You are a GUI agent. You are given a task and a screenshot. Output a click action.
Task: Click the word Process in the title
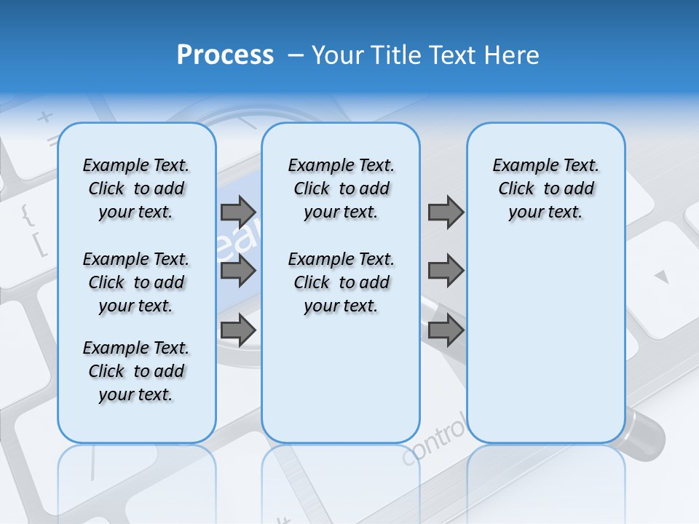(x=225, y=55)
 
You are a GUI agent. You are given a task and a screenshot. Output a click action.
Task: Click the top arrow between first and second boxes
(x=238, y=212)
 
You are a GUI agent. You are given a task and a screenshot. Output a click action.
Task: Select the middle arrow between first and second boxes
(x=238, y=271)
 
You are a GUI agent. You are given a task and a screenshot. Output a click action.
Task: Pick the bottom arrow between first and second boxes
(x=238, y=330)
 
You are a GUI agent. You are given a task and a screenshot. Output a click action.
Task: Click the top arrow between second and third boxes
(x=446, y=212)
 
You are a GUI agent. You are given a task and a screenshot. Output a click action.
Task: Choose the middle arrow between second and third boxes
(x=446, y=271)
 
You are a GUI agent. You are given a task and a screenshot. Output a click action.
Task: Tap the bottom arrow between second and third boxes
(x=446, y=330)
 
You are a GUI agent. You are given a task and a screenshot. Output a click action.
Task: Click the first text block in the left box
(x=136, y=188)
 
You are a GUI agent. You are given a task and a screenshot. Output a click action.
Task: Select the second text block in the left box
(x=136, y=282)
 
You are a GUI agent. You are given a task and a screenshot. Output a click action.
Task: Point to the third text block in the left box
(x=136, y=371)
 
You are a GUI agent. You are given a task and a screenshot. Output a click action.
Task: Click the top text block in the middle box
(x=341, y=188)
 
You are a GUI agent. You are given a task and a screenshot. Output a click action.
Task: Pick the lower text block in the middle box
(x=341, y=282)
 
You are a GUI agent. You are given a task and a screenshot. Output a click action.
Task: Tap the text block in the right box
(x=545, y=188)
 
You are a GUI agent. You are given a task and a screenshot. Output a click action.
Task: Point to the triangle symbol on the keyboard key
(x=661, y=277)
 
